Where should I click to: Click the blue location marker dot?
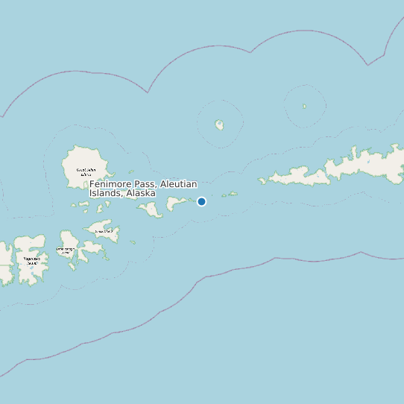click(201, 201)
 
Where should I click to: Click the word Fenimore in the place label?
click(110, 184)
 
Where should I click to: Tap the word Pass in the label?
click(145, 184)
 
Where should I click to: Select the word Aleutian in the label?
click(177, 184)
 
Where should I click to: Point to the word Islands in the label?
click(105, 193)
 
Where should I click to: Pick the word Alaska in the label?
click(141, 193)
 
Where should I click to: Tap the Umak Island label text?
click(106, 231)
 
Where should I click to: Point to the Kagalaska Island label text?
click(31, 260)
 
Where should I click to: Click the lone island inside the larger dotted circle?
click(219, 124)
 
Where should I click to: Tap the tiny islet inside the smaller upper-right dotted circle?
click(304, 106)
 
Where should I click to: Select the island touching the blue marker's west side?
click(179, 203)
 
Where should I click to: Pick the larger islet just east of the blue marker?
click(233, 194)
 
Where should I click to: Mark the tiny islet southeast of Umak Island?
click(133, 242)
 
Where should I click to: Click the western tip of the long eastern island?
click(261, 180)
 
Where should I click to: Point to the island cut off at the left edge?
click(5, 262)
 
